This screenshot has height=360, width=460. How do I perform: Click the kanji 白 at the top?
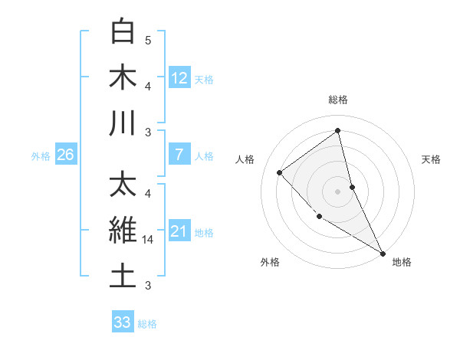(x=123, y=31)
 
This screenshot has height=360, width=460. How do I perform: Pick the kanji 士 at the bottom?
(x=123, y=277)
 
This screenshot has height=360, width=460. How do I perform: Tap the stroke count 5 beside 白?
(x=148, y=40)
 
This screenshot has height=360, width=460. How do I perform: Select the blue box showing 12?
(x=179, y=77)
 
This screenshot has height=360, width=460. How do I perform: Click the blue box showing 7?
(x=179, y=155)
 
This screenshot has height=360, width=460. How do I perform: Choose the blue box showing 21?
(x=179, y=231)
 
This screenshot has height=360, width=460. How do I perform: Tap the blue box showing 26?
(x=66, y=155)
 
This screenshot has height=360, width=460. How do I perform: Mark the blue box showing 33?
(x=123, y=322)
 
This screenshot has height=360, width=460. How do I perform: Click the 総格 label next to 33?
(x=147, y=324)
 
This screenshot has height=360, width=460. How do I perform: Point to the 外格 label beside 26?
(x=41, y=156)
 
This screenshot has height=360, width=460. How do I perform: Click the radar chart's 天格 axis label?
(x=432, y=159)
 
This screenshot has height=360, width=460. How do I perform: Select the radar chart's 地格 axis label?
(x=402, y=262)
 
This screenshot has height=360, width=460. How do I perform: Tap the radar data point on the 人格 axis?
(x=280, y=172)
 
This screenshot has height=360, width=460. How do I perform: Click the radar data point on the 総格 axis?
(x=338, y=131)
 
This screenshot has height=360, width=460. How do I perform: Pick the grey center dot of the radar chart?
(x=338, y=191)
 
